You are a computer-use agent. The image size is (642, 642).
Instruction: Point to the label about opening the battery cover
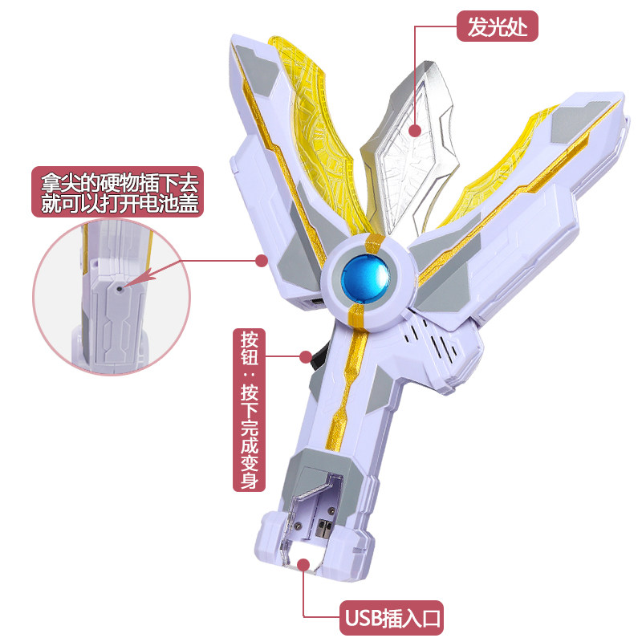pyautogui.click(x=117, y=192)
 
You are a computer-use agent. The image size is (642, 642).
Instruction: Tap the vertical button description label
pyautogui.click(x=249, y=409)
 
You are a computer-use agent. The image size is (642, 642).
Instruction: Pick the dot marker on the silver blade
pyautogui.click(x=416, y=130)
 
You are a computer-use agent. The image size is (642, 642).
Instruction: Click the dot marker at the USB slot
pyautogui.click(x=304, y=565)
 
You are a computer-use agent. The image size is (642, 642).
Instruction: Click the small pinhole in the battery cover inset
pyautogui.click(x=118, y=286)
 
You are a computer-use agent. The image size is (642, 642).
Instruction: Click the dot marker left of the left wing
pyautogui.click(x=260, y=260)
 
